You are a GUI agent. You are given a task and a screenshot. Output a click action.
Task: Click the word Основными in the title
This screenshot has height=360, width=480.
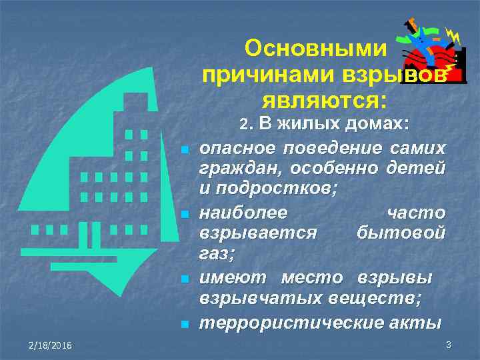pos(315,48)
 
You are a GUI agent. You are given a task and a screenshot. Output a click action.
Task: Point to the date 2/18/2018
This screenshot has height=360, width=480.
pos(51,343)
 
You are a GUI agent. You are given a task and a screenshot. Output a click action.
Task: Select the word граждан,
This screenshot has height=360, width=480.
pos(235,168)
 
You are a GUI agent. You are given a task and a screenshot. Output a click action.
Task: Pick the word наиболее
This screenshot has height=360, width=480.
pos(243,213)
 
